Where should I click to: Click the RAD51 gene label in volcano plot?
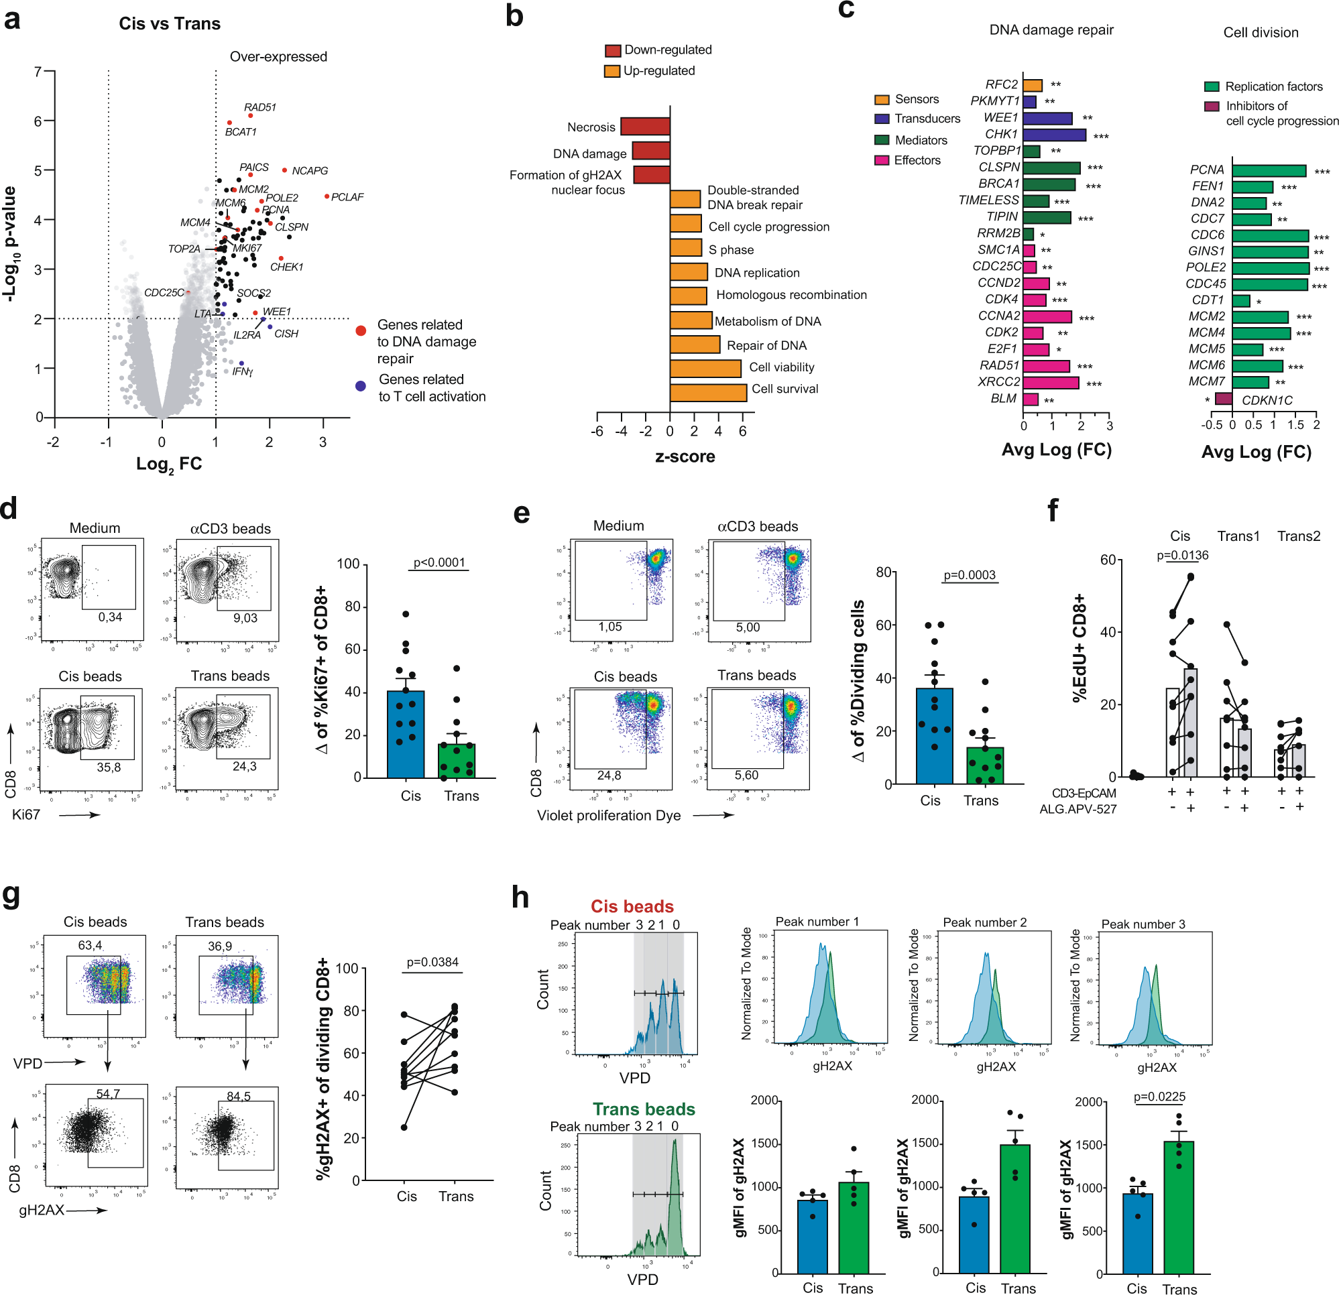(x=259, y=107)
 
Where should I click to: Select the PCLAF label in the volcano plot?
(x=347, y=197)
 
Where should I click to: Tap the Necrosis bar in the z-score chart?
(x=644, y=127)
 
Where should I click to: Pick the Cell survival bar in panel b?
(x=708, y=393)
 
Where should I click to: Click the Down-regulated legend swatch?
(x=612, y=50)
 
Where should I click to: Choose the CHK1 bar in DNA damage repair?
(x=1053, y=135)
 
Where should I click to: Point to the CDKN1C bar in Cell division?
(x=1223, y=399)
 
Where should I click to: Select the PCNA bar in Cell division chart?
(x=1269, y=171)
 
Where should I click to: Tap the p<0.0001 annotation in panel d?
(x=439, y=563)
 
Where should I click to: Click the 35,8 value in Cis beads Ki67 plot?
(x=109, y=767)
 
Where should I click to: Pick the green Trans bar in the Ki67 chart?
(x=457, y=759)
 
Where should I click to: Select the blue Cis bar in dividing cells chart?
(x=934, y=735)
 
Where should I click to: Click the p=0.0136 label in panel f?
(x=1183, y=555)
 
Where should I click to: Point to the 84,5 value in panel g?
(x=239, y=1096)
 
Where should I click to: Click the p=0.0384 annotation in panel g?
(x=432, y=962)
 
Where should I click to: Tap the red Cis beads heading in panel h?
(x=632, y=906)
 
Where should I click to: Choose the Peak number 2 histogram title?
(x=984, y=922)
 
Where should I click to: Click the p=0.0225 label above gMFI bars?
(x=1159, y=1097)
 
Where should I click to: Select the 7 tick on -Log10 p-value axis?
(x=38, y=72)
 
